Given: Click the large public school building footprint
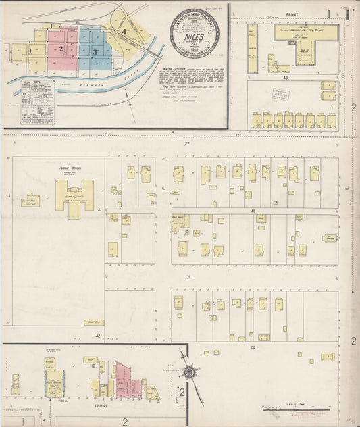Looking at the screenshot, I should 74,199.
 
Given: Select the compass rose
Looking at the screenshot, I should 191,372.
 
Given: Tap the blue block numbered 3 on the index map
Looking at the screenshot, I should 95,51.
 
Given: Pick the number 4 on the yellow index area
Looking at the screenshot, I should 124,31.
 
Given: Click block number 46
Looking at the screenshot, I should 286,78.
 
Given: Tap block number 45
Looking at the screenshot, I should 253,211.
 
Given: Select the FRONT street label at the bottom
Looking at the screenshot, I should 101,406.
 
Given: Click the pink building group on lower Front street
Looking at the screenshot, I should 128,380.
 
